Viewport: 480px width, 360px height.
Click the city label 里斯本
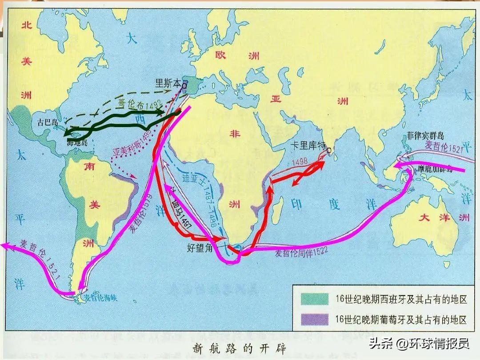(168, 83)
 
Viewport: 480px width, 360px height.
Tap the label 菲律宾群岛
(425, 136)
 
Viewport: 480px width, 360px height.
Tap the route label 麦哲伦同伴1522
(302, 253)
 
